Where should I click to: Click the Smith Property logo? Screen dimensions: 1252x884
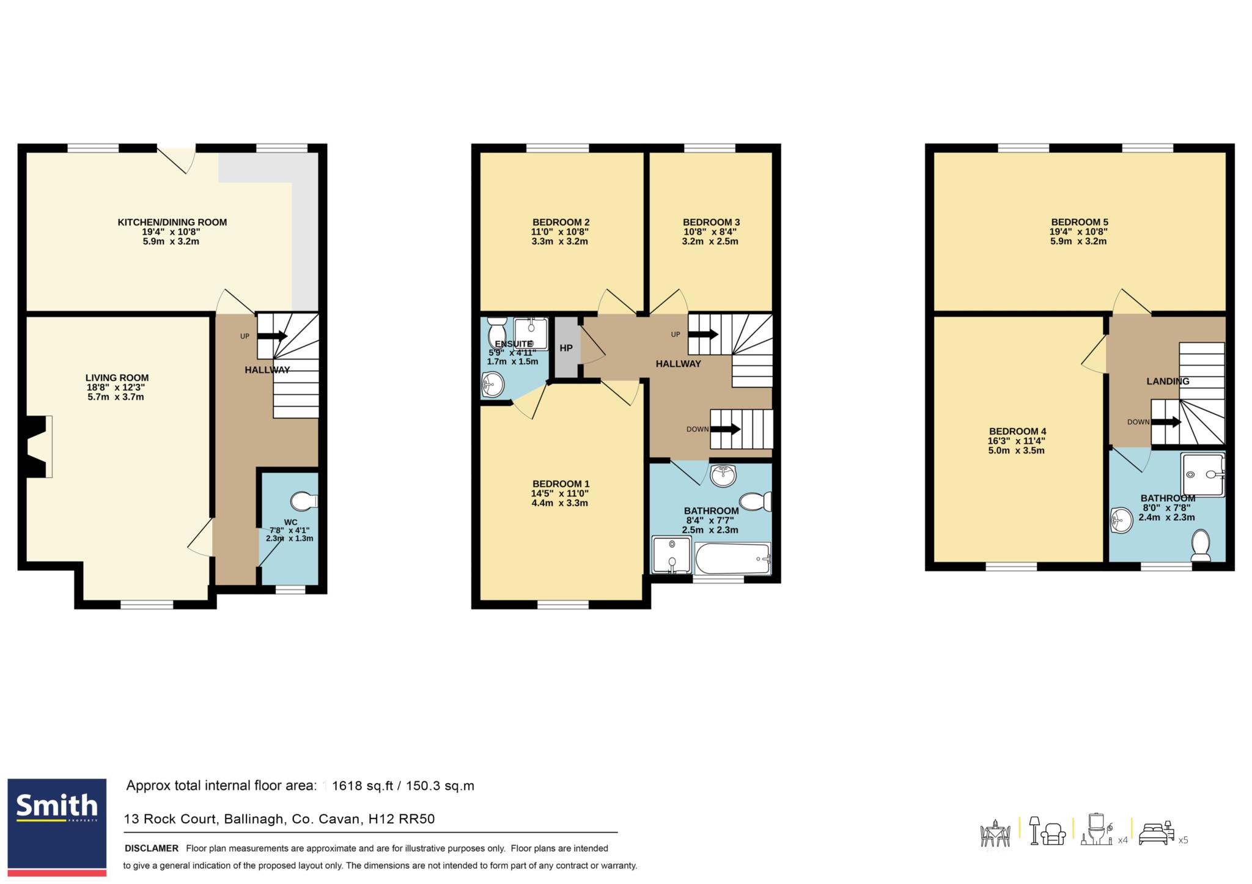coord(57,827)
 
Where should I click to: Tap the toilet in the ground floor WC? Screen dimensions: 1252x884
coord(304,501)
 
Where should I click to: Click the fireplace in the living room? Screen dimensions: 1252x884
coord(37,446)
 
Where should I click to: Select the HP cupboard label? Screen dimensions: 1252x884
coord(566,348)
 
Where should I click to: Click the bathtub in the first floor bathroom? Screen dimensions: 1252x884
coord(733,558)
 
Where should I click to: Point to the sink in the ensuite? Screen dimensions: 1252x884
coord(493,385)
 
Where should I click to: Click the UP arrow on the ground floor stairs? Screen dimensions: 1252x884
coord(273,336)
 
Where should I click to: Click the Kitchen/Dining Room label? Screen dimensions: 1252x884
coord(172,222)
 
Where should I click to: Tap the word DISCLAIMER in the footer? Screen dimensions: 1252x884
coord(152,848)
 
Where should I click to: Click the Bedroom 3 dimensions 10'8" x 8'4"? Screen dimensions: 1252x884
coord(710,232)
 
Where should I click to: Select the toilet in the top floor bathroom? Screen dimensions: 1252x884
coord(1201,545)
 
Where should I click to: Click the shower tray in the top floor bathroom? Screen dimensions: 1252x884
coord(1203,474)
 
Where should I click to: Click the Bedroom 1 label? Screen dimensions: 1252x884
coord(561,484)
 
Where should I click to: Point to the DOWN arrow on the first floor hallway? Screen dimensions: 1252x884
coord(725,429)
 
